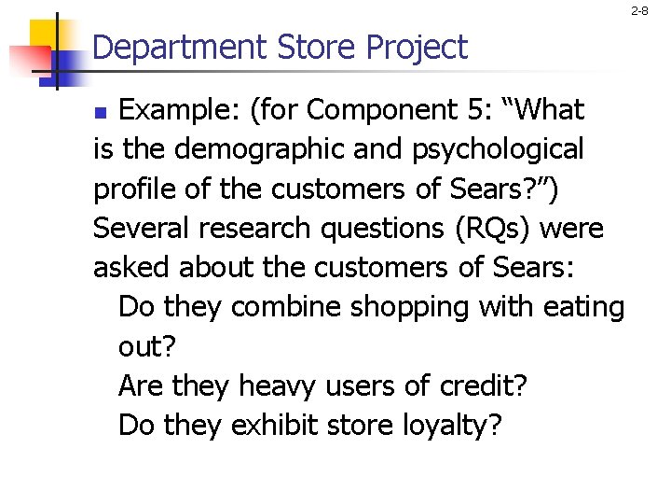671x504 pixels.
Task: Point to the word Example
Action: pos(176,111)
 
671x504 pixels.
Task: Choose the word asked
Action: pos(132,268)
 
